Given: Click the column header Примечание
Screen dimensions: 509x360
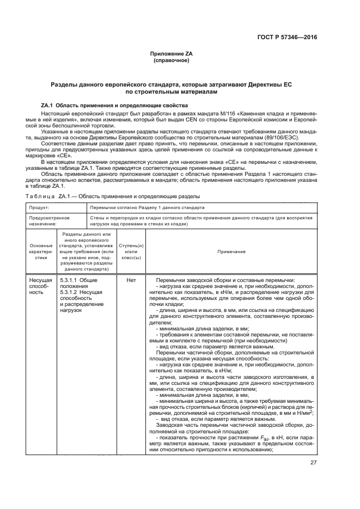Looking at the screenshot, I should [x=231, y=252].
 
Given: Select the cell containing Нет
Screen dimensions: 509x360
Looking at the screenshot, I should [x=131, y=280].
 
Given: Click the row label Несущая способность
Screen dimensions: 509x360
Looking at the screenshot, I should [x=40, y=286].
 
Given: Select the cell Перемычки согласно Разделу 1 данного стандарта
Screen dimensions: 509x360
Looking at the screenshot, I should [x=147, y=207].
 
